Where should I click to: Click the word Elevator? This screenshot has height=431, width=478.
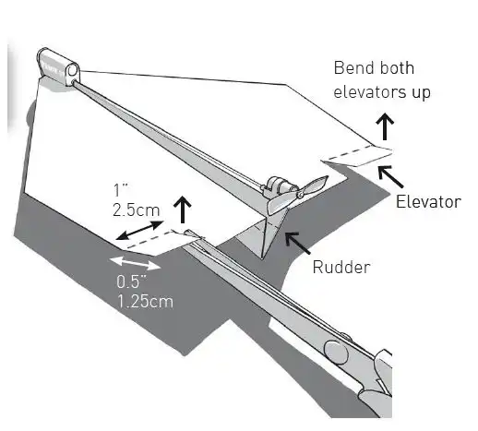(428, 202)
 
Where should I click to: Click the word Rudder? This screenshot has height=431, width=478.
(341, 267)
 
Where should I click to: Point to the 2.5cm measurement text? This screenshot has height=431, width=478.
(137, 210)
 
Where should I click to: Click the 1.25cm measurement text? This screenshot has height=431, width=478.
(145, 301)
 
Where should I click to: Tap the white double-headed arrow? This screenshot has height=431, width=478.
(135, 263)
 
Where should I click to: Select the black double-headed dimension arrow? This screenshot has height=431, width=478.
(139, 230)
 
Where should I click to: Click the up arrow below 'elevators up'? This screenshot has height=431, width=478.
(385, 126)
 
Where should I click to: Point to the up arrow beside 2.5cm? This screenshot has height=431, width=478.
(183, 210)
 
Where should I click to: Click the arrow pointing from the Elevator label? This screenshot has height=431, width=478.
(390, 176)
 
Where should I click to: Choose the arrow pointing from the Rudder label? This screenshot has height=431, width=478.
(298, 243)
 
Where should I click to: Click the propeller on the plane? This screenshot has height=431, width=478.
(297, 195)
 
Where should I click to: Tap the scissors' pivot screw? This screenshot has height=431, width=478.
(336, 353)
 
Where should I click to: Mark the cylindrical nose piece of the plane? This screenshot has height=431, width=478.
(58, 66)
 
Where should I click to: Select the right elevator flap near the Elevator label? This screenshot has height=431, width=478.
(358, 156)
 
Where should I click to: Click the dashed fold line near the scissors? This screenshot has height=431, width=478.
(149, 239)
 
